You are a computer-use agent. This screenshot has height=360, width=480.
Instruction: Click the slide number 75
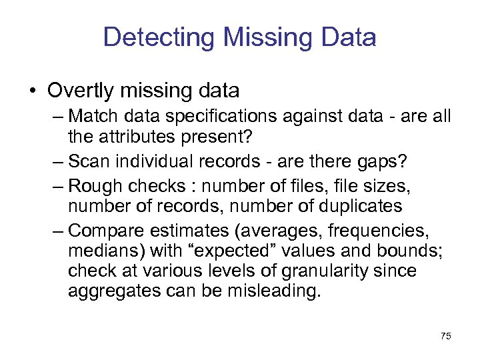tap(445, 336)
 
